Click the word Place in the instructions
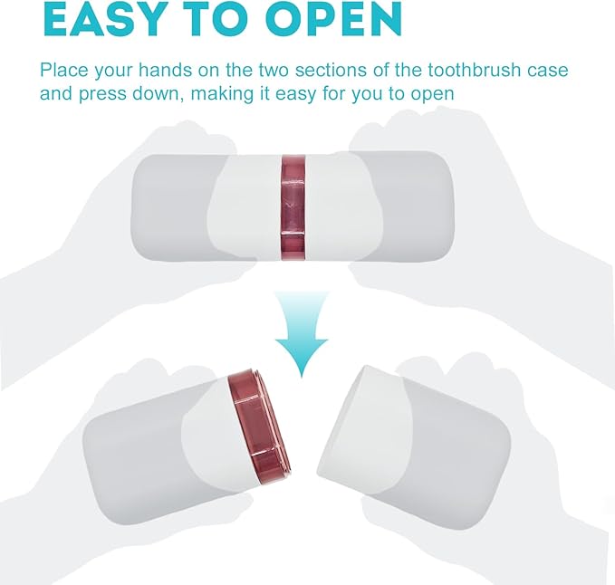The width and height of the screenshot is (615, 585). pos(64,71)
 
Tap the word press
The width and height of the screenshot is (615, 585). pos(103,94)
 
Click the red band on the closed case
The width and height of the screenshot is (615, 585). pos(293,207)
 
